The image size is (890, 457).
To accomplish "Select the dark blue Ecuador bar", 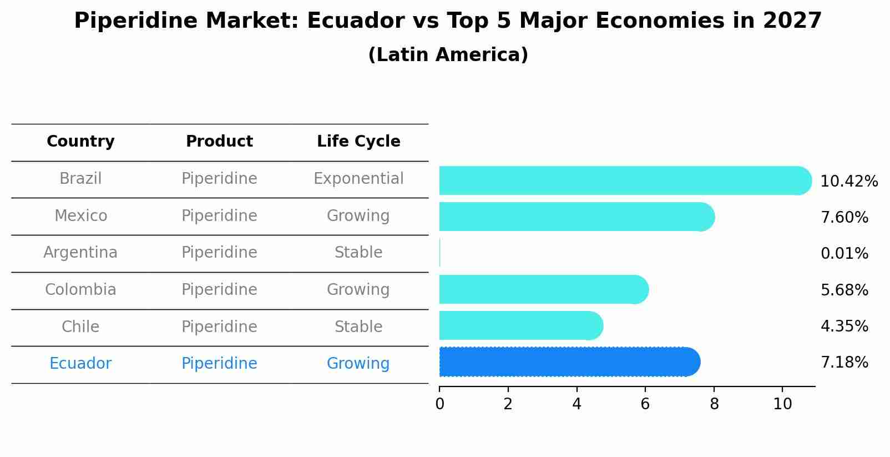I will (566, 362).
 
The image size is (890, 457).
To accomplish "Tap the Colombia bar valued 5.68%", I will (541, 289).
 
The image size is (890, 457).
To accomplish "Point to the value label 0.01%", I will (844, 254).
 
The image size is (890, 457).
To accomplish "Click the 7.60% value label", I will (844, 217).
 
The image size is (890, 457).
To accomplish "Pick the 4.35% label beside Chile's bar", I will (844, 326).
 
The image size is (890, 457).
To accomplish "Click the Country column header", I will (80, 142).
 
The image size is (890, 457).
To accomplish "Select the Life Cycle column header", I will (358, 142).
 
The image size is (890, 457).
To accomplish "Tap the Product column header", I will (219, 142).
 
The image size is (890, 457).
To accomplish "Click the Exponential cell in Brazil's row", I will (358, 179).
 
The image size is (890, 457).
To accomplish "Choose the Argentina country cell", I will (80, 253).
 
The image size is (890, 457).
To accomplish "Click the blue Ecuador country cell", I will (80, 364).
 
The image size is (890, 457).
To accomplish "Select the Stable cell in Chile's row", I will (358, 327).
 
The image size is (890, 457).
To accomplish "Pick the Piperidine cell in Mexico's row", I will (219, 215).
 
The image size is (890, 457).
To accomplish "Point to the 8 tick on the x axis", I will (714, 404).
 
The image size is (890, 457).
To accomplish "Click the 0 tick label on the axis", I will (439, 404).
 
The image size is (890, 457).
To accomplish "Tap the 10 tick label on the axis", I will (782, 404).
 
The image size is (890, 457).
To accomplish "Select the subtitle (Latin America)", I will (448, 55).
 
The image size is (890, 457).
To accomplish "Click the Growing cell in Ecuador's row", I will (358, 364).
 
